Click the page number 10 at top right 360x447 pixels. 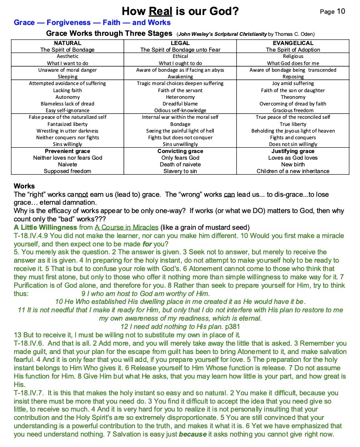tap(341, 11)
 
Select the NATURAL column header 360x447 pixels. tap(67, 43)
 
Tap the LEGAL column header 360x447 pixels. tap(180, 43)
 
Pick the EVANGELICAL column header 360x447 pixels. tap(293, 43)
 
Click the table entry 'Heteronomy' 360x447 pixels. tap(180, 97)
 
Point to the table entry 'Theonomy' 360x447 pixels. tap(293, 97)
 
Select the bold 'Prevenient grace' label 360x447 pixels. tap(67, 151)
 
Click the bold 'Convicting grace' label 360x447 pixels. tap(180, 151)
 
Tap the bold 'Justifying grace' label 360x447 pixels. tap(293, 151)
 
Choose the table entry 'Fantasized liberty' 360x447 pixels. tap(67, 124)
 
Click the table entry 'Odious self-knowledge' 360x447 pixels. tap(180, 110)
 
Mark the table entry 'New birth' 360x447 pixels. tap(293, 164)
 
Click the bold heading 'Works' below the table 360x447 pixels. tap(24, 186)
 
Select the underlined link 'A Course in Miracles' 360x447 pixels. tap(127, 227)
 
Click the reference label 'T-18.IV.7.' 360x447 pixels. tap(29, 393)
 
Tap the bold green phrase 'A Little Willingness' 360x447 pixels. tap(45, 227)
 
